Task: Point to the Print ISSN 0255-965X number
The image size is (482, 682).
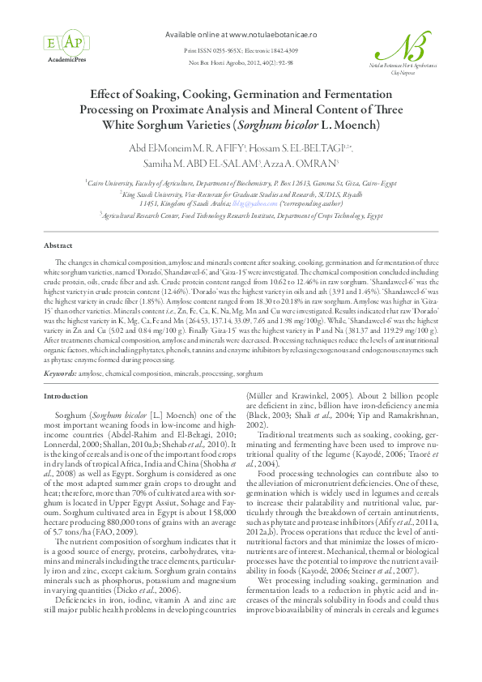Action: [209, 50]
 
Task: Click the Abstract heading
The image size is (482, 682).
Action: [58, 245]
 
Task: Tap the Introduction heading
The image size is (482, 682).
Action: [66, 396]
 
